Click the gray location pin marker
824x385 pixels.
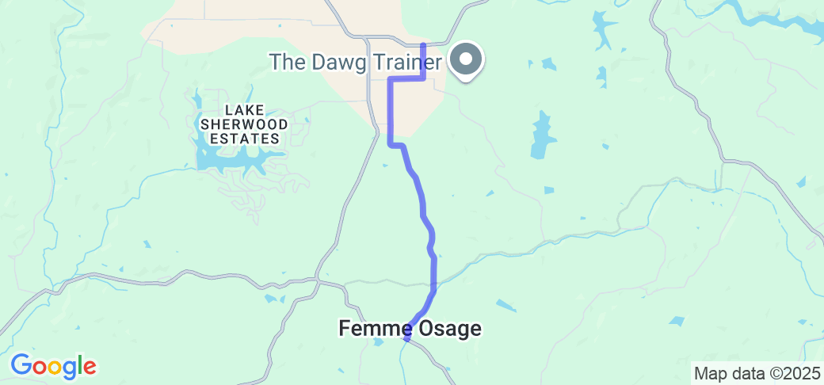click(x=466, y=59)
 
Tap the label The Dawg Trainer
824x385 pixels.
click(x=356, y=62)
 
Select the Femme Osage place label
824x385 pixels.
click(x=410, y=328)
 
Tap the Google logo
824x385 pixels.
click(x=53, y=366)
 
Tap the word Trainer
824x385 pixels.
click(x=403, y=62)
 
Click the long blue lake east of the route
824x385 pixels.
click(x=541, y=134)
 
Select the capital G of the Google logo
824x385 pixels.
click(x=21, y=365)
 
